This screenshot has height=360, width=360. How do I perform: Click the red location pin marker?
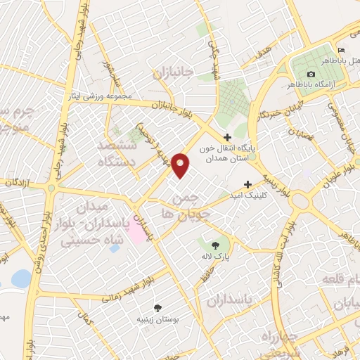click(181, 165)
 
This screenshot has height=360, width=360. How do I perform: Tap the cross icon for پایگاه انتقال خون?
click(226, 138)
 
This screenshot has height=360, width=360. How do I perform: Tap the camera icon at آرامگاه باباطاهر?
click(311, 74)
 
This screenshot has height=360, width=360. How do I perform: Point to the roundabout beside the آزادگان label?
click(51, 188)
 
